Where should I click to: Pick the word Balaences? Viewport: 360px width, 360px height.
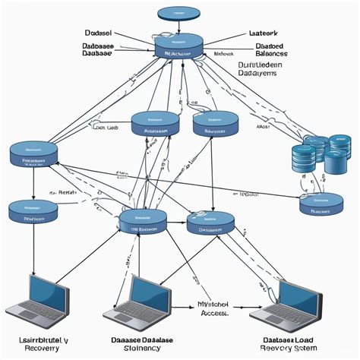269,55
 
